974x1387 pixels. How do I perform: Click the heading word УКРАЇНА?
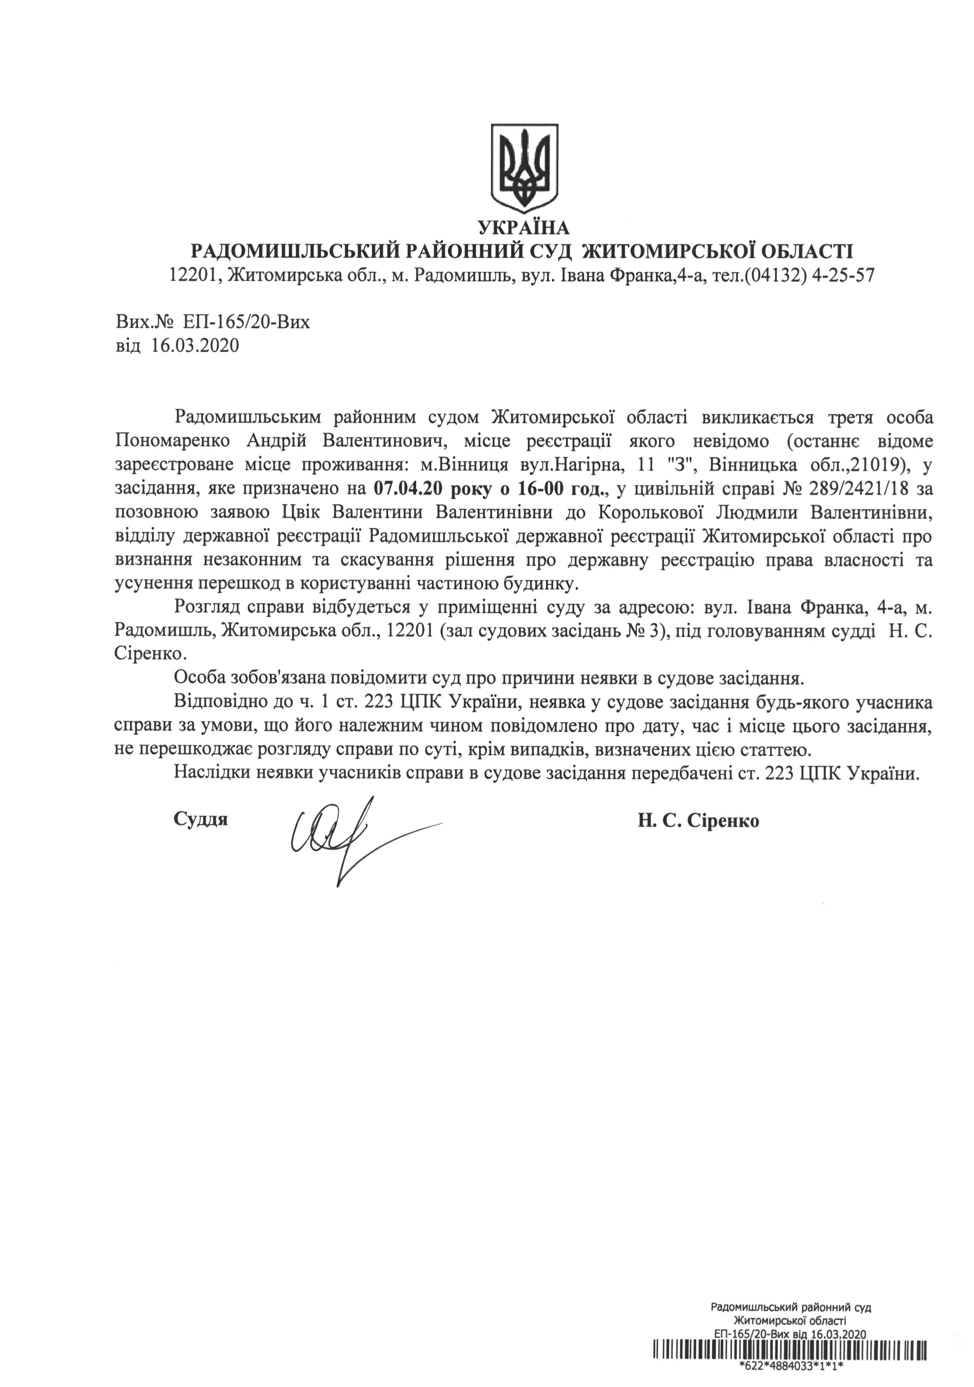tap(523, 228)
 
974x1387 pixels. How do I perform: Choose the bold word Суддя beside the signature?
tap(201, 820)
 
